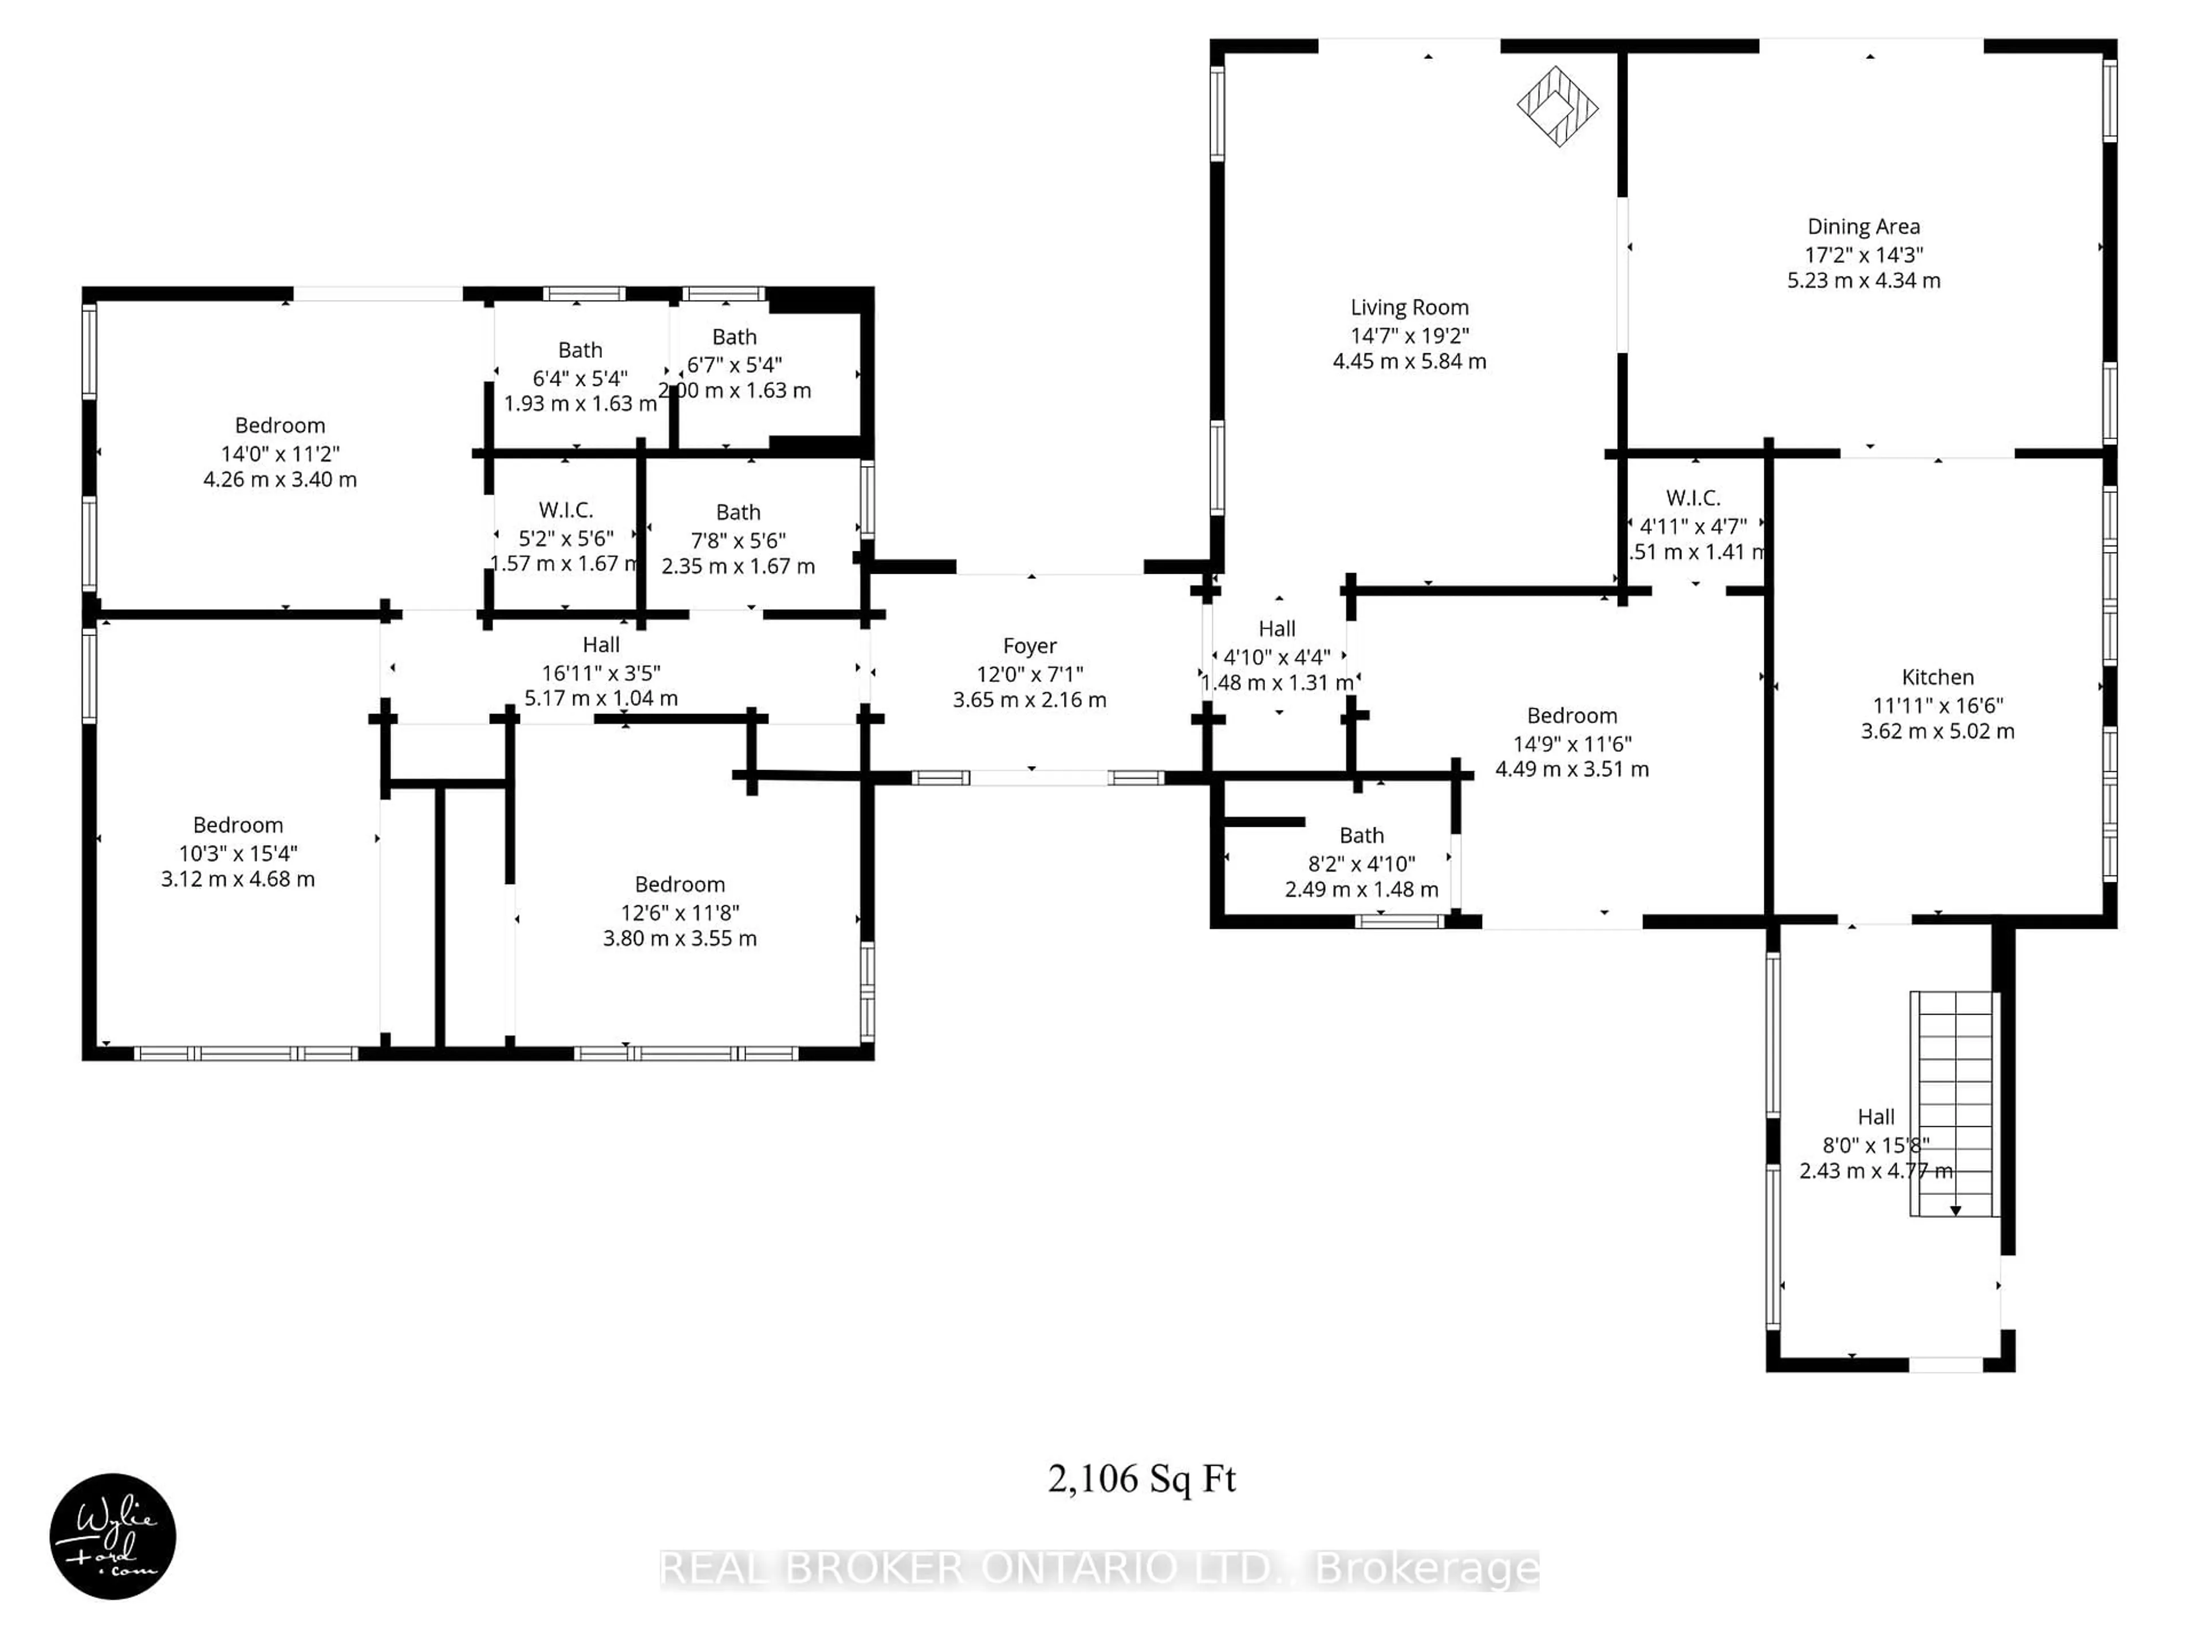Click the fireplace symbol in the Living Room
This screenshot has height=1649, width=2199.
point(1557,106)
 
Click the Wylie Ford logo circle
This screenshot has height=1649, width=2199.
point(112,1536)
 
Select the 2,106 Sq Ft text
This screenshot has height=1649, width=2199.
point(1141,1479)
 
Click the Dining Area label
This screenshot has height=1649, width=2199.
point(1863,227)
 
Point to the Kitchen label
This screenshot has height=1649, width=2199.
point(1937,677)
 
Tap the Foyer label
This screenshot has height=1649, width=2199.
point(1029,646)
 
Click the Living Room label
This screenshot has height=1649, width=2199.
point(1409,308)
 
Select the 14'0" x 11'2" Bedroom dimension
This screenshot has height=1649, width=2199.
point(281,453)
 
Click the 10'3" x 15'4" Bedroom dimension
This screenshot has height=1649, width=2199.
point(238,853)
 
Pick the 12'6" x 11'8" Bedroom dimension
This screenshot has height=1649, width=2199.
point(680,913)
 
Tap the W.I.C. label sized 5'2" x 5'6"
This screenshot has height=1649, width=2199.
point(566,510)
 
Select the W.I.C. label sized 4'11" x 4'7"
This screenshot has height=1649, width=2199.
point(1692,498)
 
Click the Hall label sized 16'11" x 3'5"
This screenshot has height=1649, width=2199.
point(601,645)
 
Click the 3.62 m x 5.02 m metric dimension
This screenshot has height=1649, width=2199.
point(1937,732)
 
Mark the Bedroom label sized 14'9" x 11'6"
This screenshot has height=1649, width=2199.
point(1572,716)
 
